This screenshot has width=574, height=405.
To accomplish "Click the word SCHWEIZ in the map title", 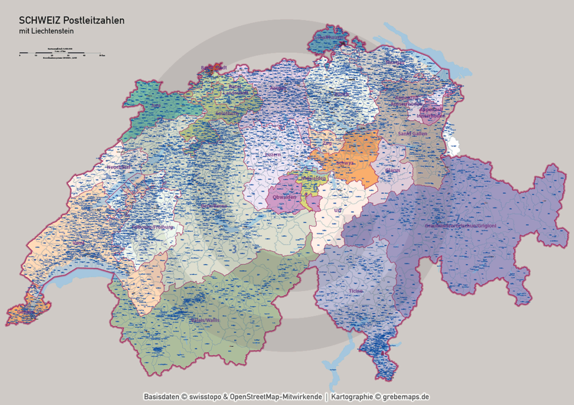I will tap(40, 20).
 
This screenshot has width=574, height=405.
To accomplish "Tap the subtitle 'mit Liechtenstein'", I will tap(46, 31).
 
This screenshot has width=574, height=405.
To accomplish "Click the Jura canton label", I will tap(156, 105).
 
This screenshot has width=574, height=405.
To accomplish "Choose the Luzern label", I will tap(273, 154).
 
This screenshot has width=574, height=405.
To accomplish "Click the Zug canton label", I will tap(327, 143).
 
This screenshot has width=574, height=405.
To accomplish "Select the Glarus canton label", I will tap(393, 170).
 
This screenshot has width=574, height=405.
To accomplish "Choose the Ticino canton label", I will tap(355, 291).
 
